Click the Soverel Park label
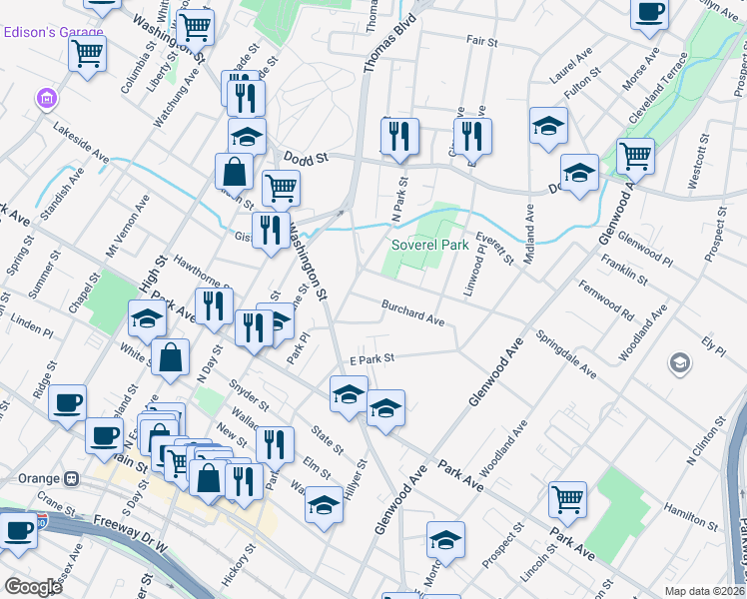(430, 245)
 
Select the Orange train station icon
(73, 477)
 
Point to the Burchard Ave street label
(411, 313)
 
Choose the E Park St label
(373, 358)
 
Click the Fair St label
(481, 41)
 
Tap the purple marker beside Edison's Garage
(45, 99)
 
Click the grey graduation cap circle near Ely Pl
(681, 361)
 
